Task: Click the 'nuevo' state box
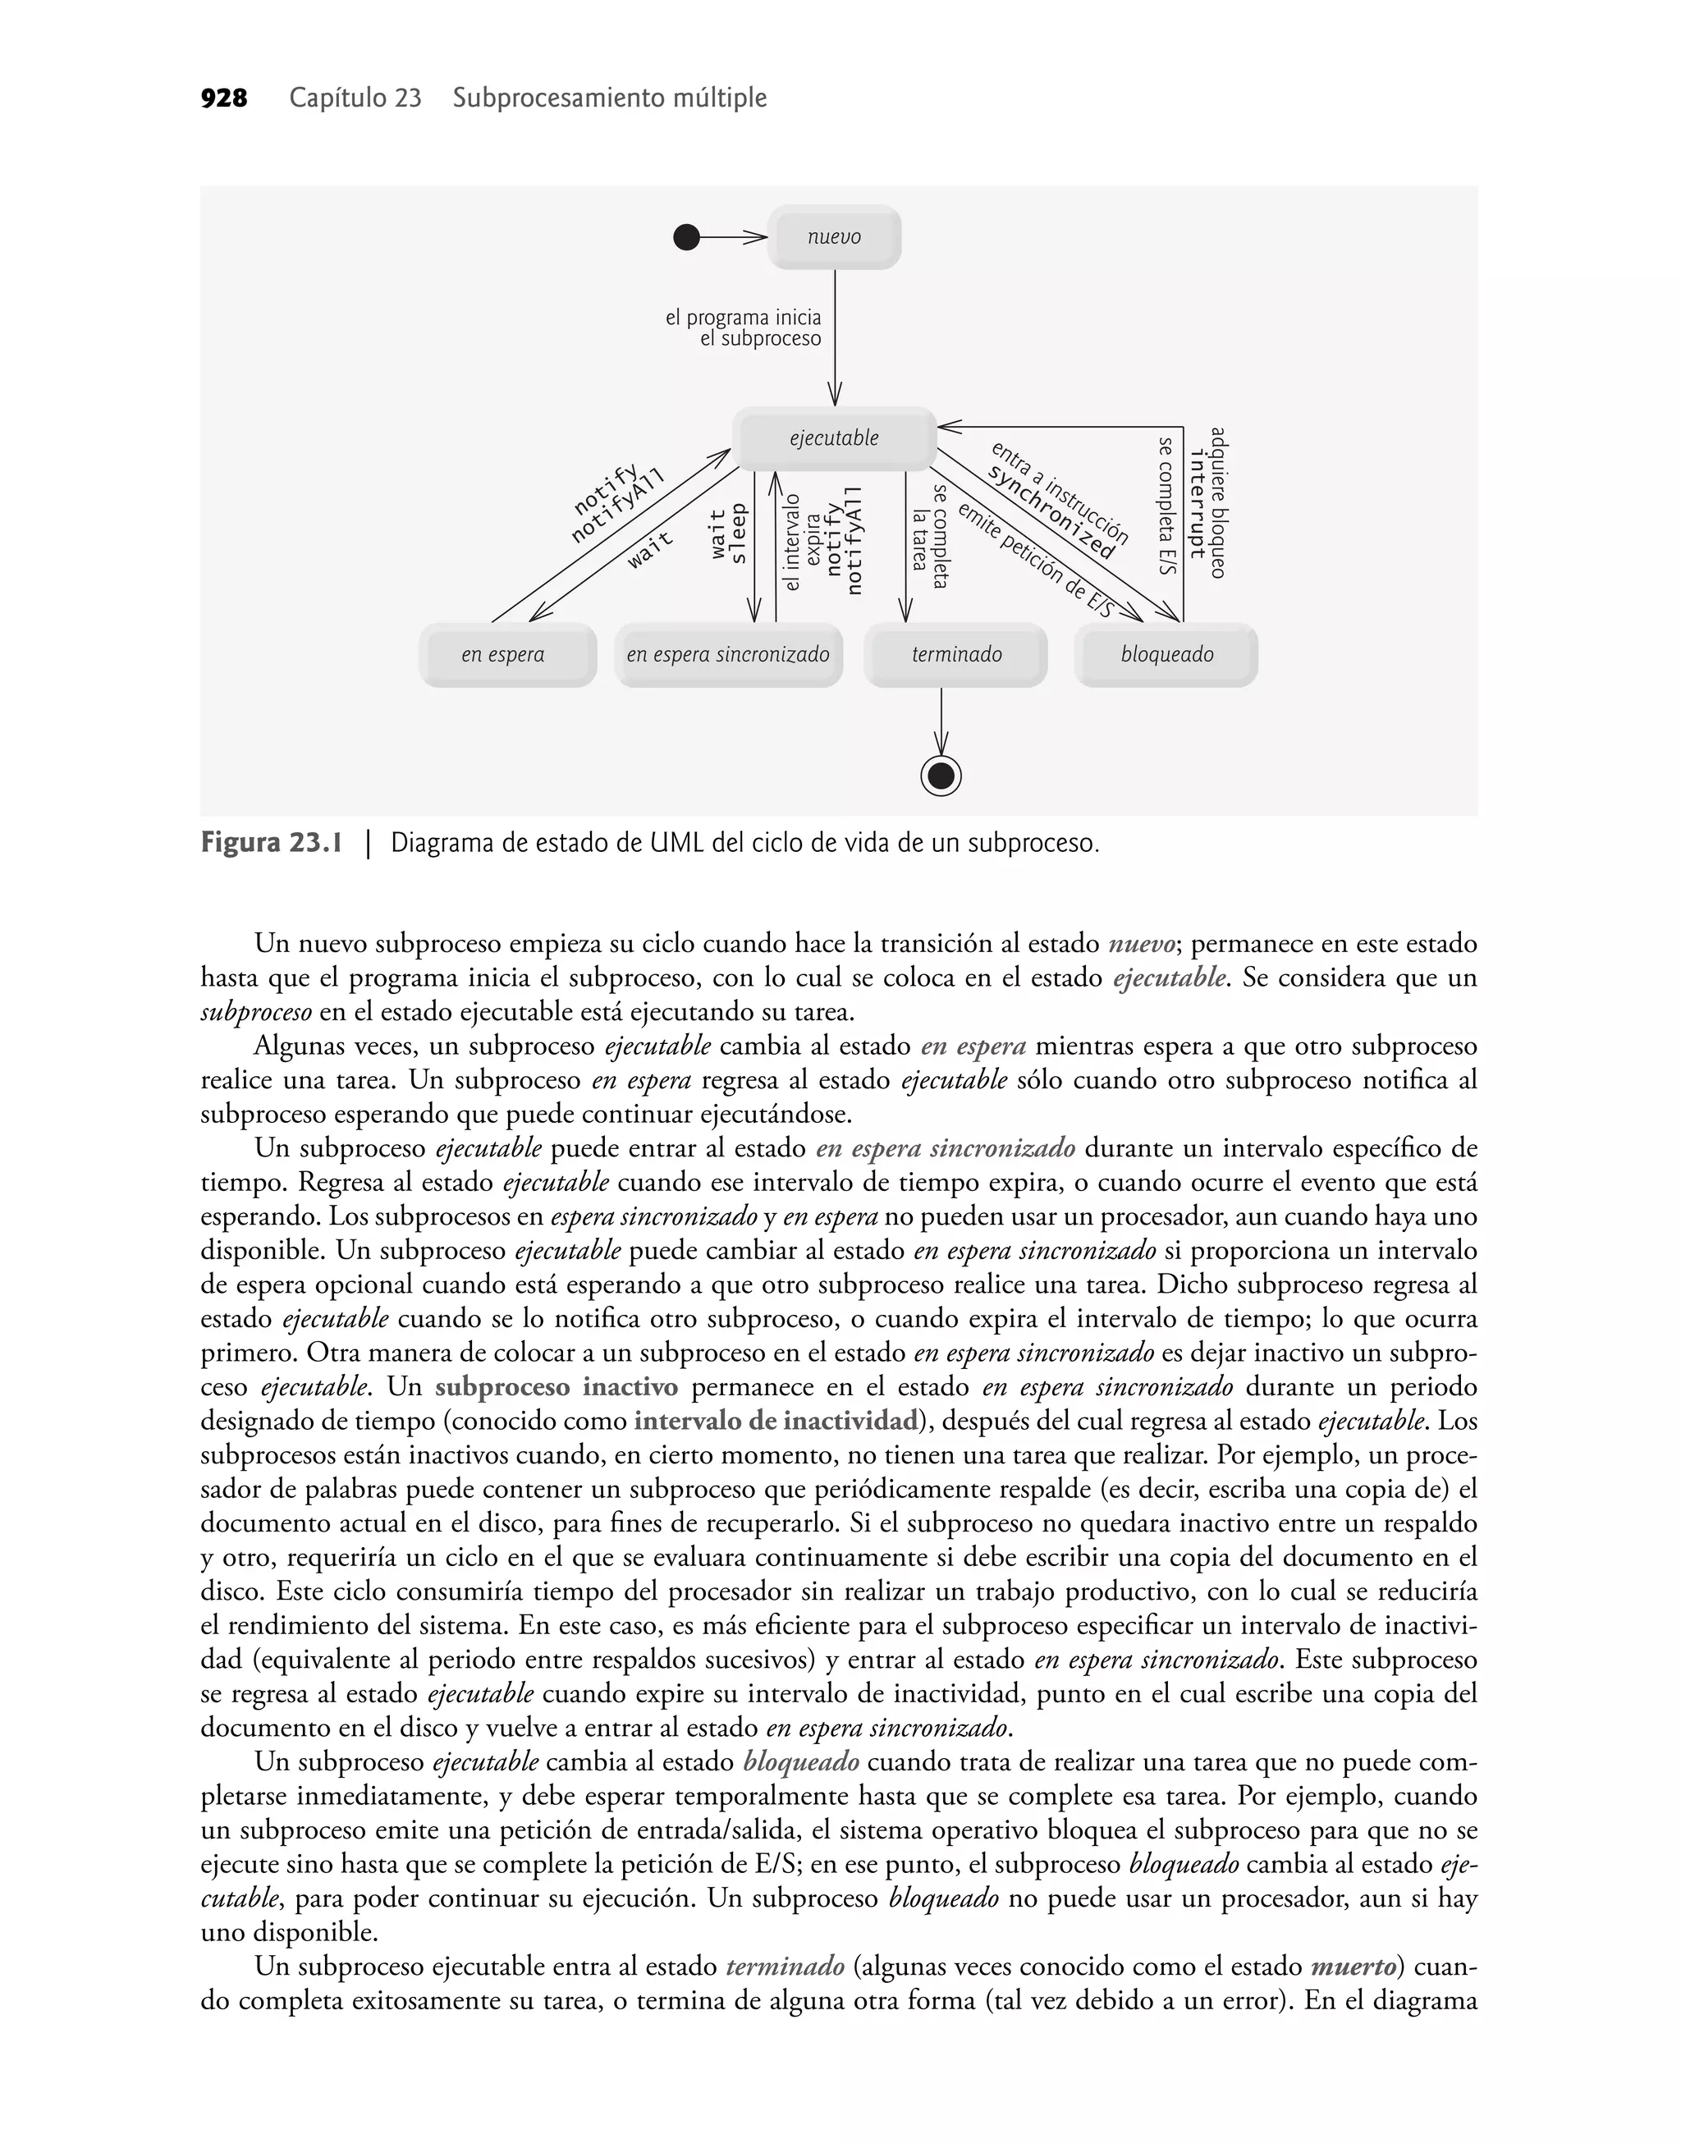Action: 834,237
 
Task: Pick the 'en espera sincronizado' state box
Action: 728,655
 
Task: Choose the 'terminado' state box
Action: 955,655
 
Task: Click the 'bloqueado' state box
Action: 1166,655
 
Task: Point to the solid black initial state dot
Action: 686,237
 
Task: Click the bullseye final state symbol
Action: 941,776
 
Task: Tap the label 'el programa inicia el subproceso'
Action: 744,328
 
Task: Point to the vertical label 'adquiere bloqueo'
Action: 1217,501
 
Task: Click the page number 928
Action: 223,98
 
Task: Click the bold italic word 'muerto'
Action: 1354,1966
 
